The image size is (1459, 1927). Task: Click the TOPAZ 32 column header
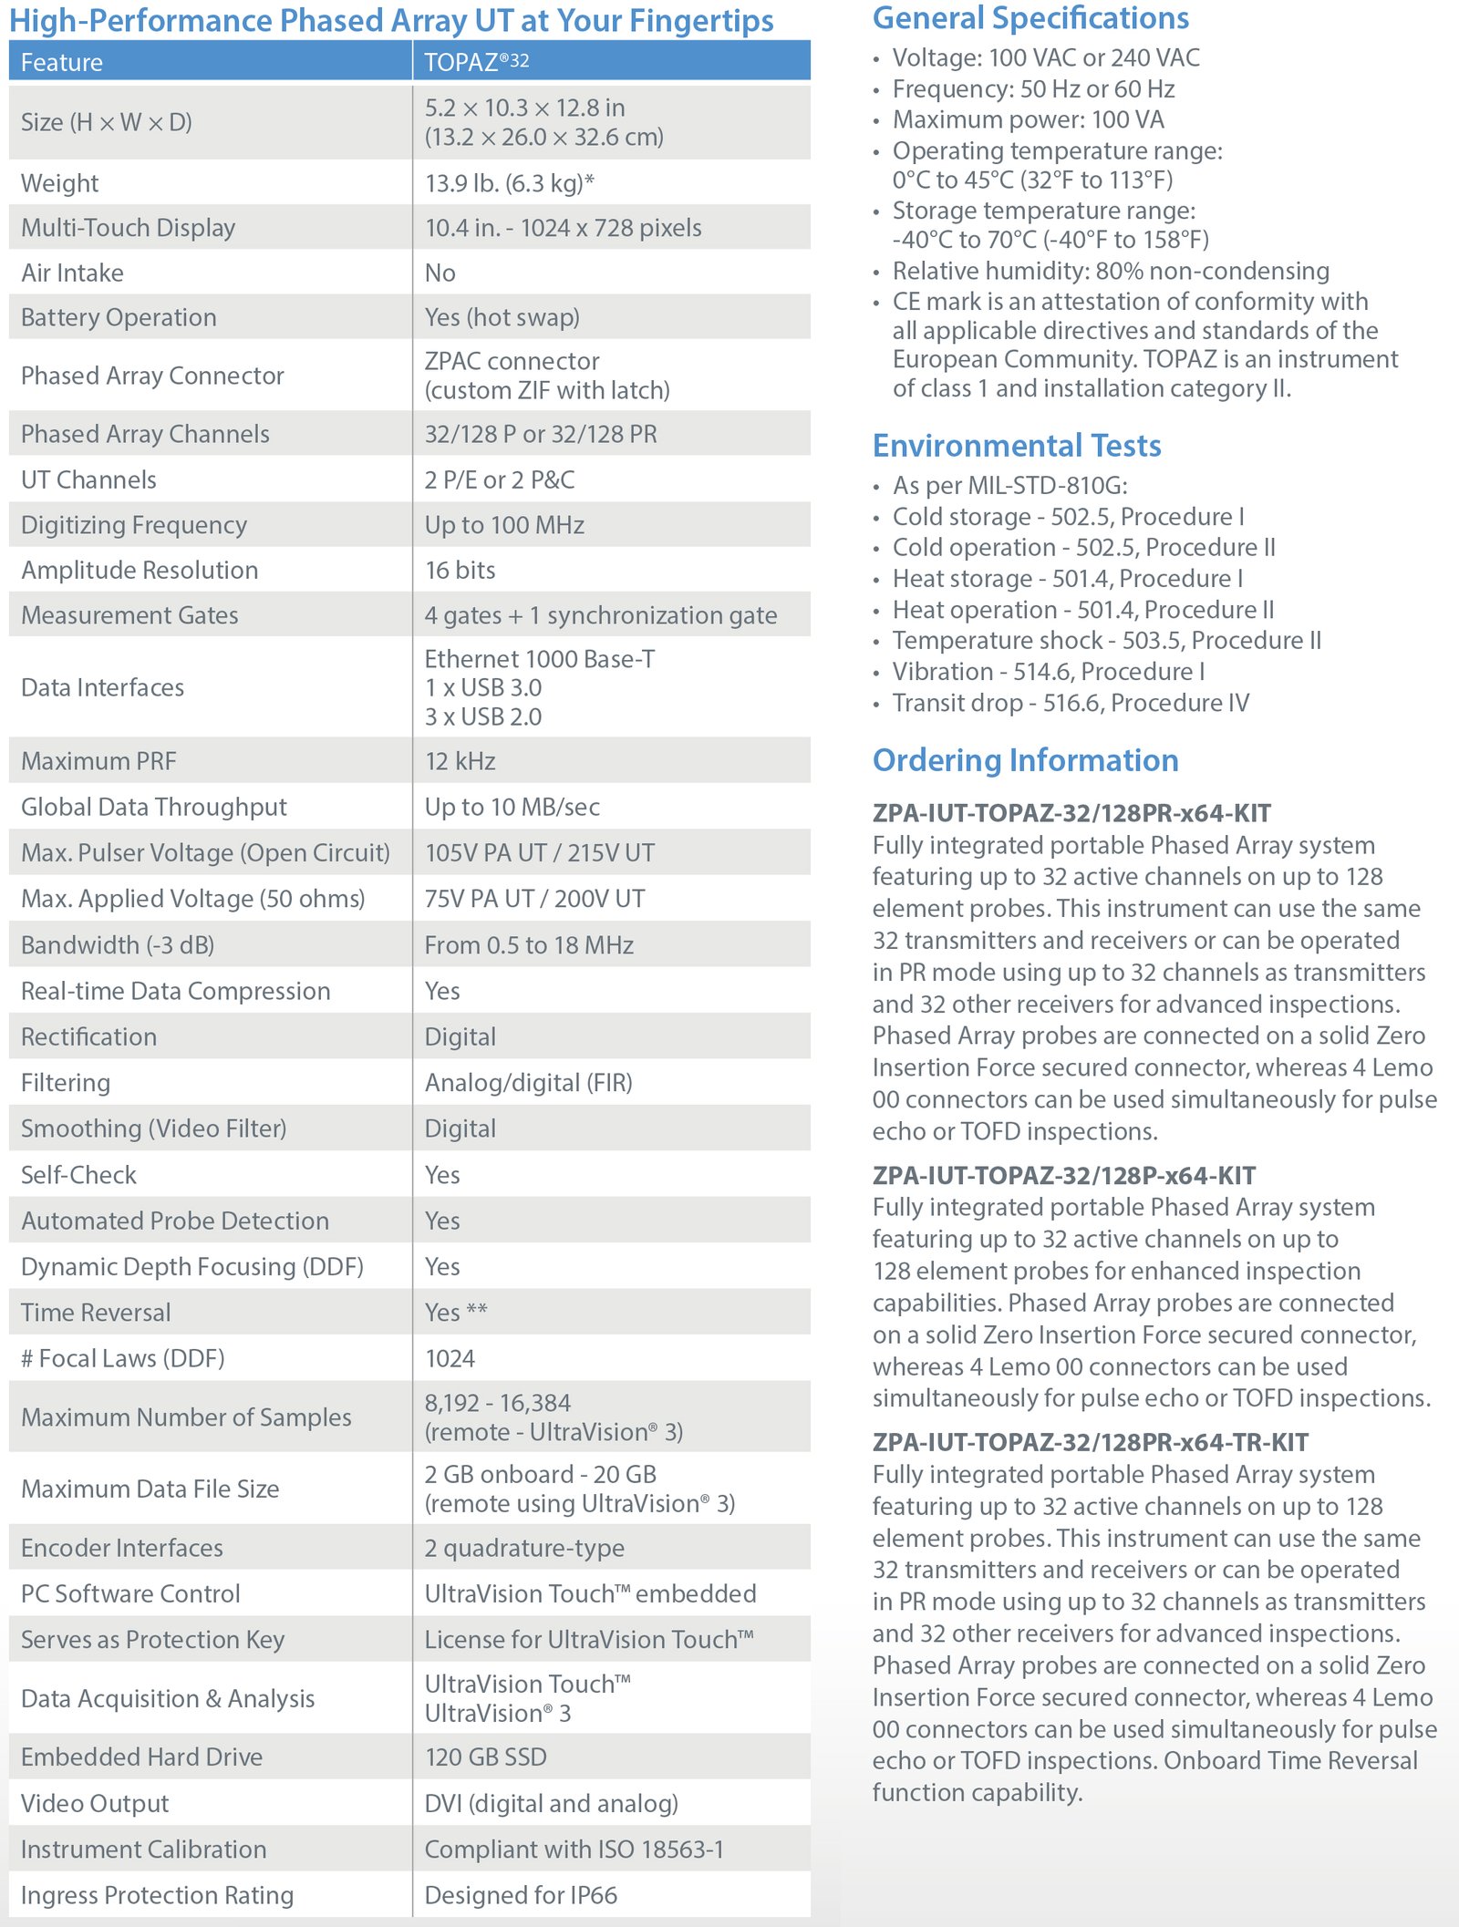[477, 62]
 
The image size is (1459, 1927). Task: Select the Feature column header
[62, 62]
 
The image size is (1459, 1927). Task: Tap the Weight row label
[60, 183]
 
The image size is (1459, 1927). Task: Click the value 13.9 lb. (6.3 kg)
[509, 183]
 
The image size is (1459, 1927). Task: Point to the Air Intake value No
[440, 273]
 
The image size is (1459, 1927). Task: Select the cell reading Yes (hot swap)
[502, 317]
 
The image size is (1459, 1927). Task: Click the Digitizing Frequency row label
[134, 525]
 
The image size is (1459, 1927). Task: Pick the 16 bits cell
[460, 570]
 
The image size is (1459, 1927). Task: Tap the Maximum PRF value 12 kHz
[460, 761]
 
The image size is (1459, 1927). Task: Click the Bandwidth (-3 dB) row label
[118, 945]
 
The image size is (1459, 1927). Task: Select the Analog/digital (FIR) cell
[528, 1083]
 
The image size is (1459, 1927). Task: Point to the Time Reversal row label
[96, 1313]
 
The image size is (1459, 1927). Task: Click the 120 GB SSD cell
[486, 1757]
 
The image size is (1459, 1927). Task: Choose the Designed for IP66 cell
[521, 1895]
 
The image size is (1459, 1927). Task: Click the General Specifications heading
[1030, 18]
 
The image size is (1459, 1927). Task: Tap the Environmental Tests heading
[1017, 446]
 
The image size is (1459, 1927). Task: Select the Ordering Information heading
[1025, 760]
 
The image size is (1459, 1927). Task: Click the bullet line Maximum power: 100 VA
[1028, 119]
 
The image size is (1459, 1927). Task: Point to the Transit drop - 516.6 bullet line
[1071, 703]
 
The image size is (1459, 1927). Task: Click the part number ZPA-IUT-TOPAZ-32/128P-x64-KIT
[1063, 1176]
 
